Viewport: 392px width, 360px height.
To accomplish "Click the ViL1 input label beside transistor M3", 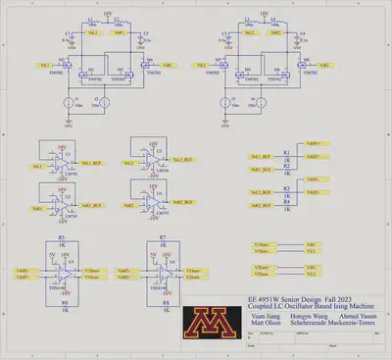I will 46,66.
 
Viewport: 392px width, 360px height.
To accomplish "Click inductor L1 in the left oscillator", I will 89,20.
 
